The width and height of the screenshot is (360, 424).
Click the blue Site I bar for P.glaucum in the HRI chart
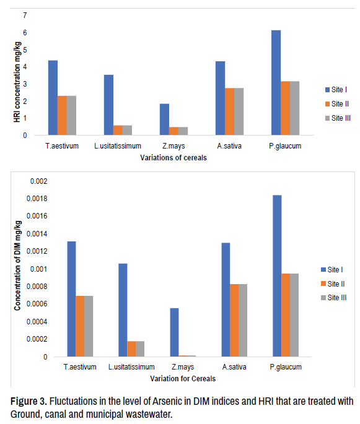point(276,82)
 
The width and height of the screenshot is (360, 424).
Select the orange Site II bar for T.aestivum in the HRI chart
point(62,116)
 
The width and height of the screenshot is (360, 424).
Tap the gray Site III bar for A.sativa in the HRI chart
point(239,111)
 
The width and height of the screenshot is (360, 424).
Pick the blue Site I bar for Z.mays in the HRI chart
point(164,119)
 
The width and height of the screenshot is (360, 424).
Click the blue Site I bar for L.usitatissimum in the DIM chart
point(123,310)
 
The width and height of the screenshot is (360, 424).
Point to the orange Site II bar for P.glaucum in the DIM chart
point(286,315)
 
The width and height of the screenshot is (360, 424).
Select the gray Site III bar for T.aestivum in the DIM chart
point(89,326)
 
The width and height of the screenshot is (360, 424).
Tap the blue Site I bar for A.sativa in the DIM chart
point(226,300)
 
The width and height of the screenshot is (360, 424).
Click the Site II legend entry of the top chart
point(336,104)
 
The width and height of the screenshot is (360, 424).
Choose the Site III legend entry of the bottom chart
point(333,298)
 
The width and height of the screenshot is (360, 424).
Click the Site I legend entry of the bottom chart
point(332,270)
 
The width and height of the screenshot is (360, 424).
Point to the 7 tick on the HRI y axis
point(25,15)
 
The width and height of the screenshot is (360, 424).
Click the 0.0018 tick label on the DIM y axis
point(37,199)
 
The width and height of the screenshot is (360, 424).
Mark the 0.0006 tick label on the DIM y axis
point(37,304)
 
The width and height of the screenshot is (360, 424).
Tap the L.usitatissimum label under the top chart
point(118,146)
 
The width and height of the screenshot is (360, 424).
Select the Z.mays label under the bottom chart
point(183,367)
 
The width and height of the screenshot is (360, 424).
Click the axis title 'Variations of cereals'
point(173,158)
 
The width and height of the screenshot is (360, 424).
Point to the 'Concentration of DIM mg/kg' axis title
point(17,266)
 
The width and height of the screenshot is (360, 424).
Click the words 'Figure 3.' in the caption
point(29,401)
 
